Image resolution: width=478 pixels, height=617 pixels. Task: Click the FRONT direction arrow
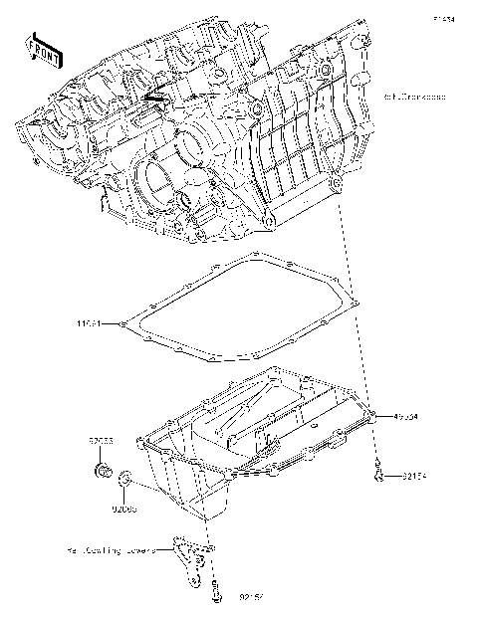[x=41, y=50]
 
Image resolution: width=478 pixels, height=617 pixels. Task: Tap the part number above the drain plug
[x=98, y=438]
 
